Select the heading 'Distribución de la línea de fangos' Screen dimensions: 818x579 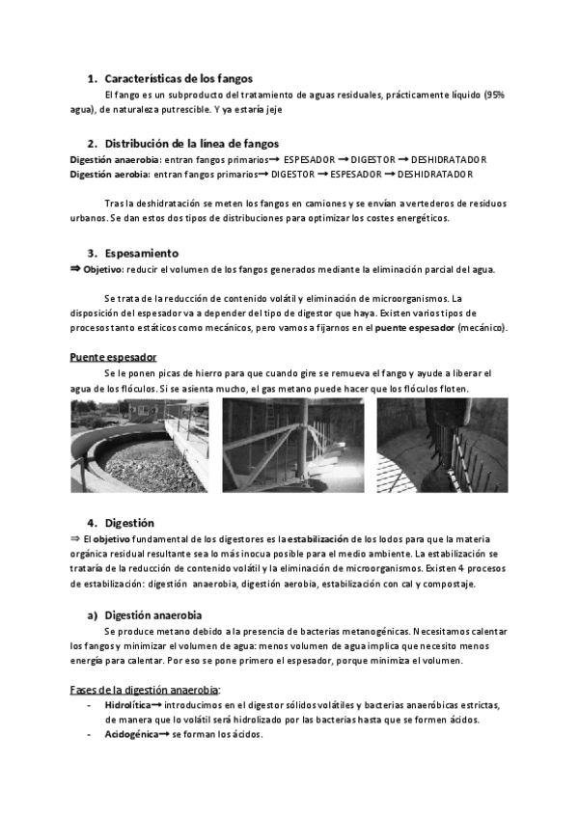pos(192,143)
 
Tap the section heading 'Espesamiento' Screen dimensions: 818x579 pos(142,253)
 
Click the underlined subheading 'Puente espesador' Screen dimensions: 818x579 pos(113,357)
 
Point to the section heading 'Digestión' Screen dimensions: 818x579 pos(129,523)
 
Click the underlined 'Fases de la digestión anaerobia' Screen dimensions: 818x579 pos(145,689)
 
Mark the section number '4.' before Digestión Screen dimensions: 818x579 pos(93,523)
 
